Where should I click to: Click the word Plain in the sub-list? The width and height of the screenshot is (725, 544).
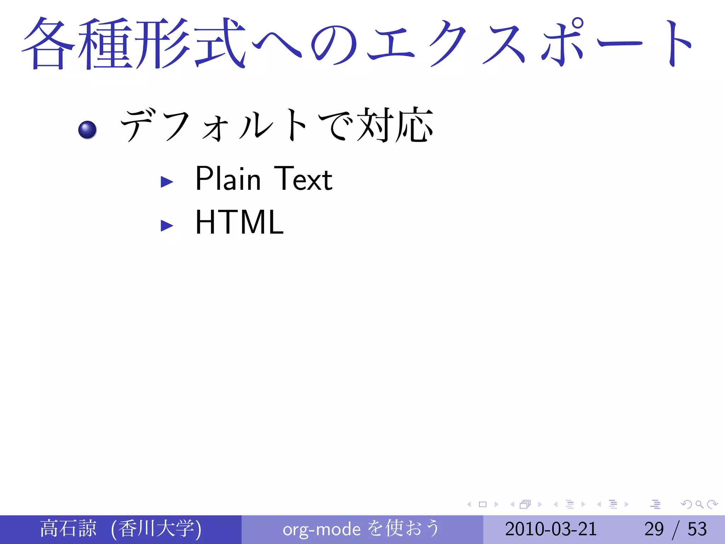tap(228, 178)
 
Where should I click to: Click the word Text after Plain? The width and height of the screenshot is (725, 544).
tap(303, 178)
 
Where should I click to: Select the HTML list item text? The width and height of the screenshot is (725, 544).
tap(239, 222)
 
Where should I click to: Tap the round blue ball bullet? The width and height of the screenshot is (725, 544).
tap(87, 130)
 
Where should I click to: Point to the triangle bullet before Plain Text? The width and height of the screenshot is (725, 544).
tap(166, 182)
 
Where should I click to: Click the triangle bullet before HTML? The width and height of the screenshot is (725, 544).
tap(166, 225)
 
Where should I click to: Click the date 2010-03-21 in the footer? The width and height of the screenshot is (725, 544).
tap(551, 529)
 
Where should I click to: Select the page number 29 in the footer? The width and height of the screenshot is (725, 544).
tap(654, 529)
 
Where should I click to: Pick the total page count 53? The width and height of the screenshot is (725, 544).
tap(697, 529)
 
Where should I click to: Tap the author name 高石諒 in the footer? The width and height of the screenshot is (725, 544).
tap(68, 528)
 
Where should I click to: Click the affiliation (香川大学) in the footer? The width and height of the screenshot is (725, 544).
tap(156, 528)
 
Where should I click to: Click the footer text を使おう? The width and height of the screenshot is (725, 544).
tap(404, 528)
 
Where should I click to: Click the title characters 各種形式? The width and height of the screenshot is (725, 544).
tap(134, 43)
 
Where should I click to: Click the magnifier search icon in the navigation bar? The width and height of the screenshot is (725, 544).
tap(699, 504)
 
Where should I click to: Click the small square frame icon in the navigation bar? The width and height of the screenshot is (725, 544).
tap(483, 504)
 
